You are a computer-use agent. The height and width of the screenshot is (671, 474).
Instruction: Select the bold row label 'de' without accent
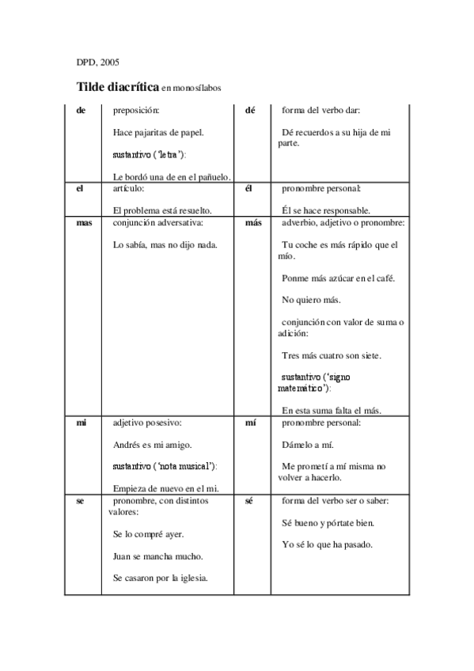tap(81, 110)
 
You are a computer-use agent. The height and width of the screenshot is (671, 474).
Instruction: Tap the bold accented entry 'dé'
tap(251, 110)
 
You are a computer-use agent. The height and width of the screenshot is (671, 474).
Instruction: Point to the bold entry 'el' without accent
tap(80, 189)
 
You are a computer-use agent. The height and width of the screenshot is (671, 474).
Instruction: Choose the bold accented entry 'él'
tap(250, 189)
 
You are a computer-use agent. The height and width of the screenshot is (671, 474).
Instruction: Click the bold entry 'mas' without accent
tap(84, 223)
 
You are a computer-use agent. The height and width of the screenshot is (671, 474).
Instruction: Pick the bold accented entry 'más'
tap(253, 223)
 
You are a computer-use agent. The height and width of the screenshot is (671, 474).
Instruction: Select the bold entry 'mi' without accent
tap(81, 423)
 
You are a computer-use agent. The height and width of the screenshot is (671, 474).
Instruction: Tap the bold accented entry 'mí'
tap(251, 423)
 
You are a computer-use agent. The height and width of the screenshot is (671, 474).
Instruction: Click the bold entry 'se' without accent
tap(80, 502)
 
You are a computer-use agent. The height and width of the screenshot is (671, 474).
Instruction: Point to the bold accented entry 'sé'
tap(249, 502)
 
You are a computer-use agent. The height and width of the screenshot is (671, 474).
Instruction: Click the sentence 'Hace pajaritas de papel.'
tap(158, 131)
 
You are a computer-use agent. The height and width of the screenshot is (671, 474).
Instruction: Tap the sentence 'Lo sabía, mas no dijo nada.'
tap(165, 245)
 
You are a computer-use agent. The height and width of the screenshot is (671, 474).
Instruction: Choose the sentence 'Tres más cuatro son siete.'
tap(332, 355)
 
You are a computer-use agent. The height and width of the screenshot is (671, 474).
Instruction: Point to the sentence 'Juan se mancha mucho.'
tap(157, 556)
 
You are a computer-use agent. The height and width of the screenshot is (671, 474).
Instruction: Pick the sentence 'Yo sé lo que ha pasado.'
tap(328, 544)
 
